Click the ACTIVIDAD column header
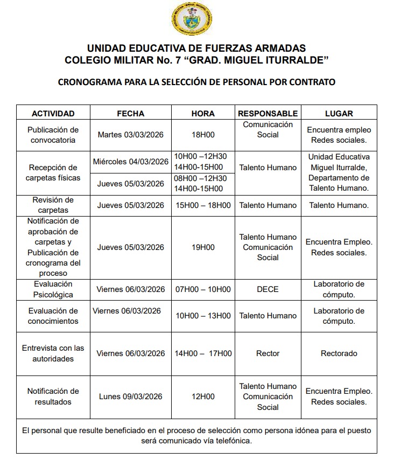point(53,114)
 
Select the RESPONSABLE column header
point(268,114)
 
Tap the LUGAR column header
point(339,114)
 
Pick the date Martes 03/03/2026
point(131,135)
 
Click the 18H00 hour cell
point(203,135)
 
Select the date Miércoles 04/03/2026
point(131,162)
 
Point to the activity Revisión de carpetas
point(53,205)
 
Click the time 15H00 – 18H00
point(203,205)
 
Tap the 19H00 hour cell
point(203,247)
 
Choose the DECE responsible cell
point(268,289)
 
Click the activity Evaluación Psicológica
point(53,289)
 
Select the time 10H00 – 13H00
point(203,316)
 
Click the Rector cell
point(268,353)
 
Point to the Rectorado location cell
point(339,353)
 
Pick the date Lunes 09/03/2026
point(131,397)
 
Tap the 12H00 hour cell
point(203,397)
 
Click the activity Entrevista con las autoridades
point(53,353)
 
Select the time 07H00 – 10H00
point(203,289)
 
